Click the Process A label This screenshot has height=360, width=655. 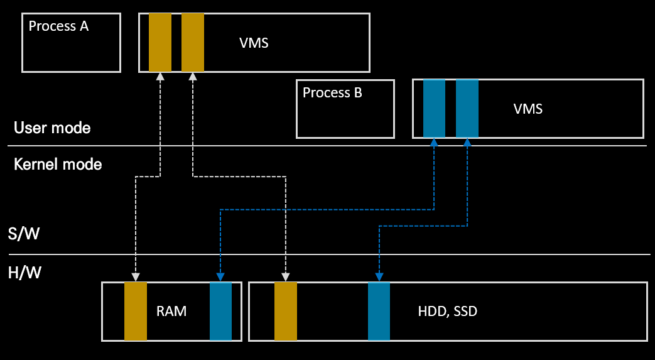[58, 26]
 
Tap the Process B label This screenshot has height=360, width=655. [332, 92]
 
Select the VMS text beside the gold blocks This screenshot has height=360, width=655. [254, 43]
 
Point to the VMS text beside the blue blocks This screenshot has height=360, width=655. [528, 109]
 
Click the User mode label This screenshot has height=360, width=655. [52, 128]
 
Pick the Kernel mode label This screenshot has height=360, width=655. [58, 164]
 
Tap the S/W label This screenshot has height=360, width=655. [24, 233]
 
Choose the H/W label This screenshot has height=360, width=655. [24, 273]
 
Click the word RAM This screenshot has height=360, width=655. [171, 312]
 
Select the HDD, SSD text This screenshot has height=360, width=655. [447, 312]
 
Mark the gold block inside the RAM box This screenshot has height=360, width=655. [136, 312]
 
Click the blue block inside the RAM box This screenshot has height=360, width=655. [220, 312]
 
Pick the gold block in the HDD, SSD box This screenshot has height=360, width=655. [286, 312]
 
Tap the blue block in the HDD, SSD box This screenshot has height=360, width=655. [379, 312]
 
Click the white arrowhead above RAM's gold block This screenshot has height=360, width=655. [136, 277]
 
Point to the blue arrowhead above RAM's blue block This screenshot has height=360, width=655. [220, 277]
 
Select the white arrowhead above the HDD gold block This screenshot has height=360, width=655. [285, 277]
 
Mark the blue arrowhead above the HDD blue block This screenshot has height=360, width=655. [379, 277]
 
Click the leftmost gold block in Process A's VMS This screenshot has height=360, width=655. [160, 42]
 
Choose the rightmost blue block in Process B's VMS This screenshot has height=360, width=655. [467, 109]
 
